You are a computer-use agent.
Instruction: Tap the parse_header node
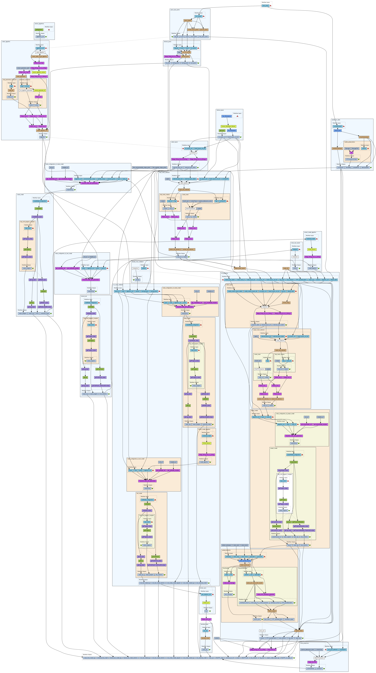coord(188,20)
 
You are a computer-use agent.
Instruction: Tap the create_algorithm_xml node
coord(42,130)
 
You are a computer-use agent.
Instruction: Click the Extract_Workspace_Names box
coord(228,126)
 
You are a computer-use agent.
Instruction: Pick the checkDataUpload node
coord(364,137)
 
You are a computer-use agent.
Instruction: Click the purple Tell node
coord(351,153)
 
